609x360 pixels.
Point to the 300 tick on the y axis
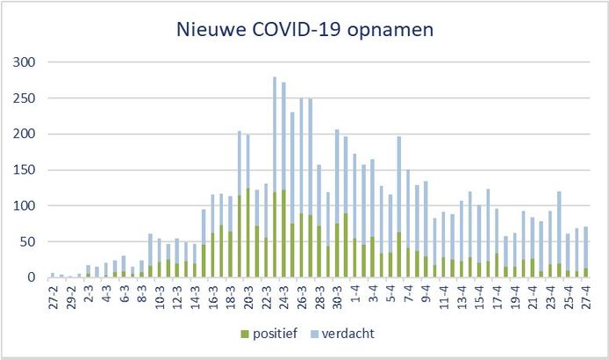[26, 62]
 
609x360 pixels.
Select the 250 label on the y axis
[26, 98]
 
